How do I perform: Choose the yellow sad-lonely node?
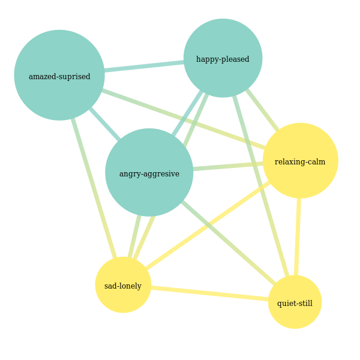123,297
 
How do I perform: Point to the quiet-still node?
295,315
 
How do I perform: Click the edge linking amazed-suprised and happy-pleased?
144,66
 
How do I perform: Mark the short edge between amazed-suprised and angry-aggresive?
104,124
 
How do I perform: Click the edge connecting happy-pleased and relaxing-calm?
262,110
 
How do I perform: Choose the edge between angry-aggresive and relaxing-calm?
228,166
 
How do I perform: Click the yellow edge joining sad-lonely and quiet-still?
210,293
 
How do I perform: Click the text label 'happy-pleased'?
223,59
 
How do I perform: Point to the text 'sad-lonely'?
123,286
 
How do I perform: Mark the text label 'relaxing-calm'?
300,161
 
